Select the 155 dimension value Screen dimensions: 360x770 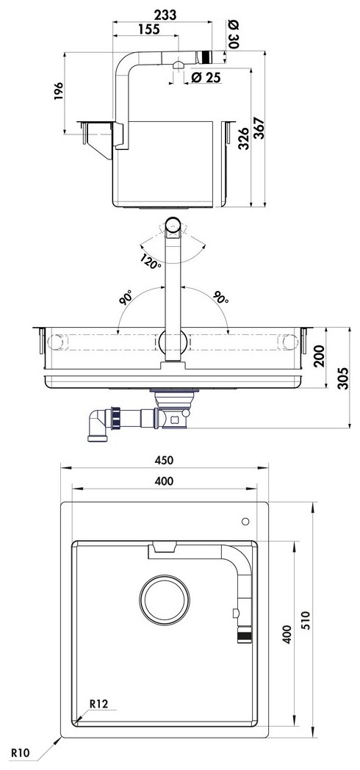pyautogui.click(x=148, y=29)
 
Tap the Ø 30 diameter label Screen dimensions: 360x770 pyautogui.click(x=233, y=33)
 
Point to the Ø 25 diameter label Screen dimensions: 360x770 pyautogui.click(x=206, y=77)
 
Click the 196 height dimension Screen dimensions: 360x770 pyautogui.click(x=59, y=92)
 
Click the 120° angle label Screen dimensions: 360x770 pyautogui.click(x=151, y=262)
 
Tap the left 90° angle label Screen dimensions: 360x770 pyautogui.click(x=125, y=297)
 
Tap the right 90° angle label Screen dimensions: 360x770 pyautogui.click(x=220, y=297)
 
